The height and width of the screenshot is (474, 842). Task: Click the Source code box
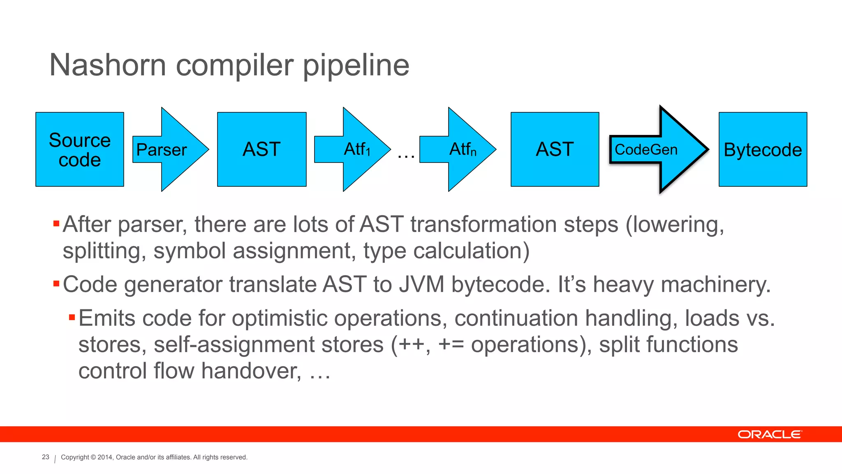[x=80, y=149]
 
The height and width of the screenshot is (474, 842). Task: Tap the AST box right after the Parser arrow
[x=261, y=149]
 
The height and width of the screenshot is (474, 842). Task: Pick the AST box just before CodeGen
[x=555, y=149]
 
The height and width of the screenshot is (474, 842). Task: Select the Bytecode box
[x=763, y=149]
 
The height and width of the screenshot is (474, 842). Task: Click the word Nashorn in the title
[x=107, y=65]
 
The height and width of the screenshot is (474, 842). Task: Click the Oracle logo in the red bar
[x=769, y=434]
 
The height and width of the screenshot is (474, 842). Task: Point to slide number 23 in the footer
[x=46, y=457]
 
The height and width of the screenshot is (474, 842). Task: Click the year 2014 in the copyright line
[x=105, y=457]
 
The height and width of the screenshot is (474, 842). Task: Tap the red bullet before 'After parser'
[x=56, y=224]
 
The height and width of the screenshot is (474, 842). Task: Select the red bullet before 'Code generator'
[x=56, y=283]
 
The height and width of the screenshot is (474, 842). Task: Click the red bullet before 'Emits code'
[x=72, y=317]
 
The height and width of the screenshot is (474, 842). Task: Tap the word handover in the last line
[x=251, y=371]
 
